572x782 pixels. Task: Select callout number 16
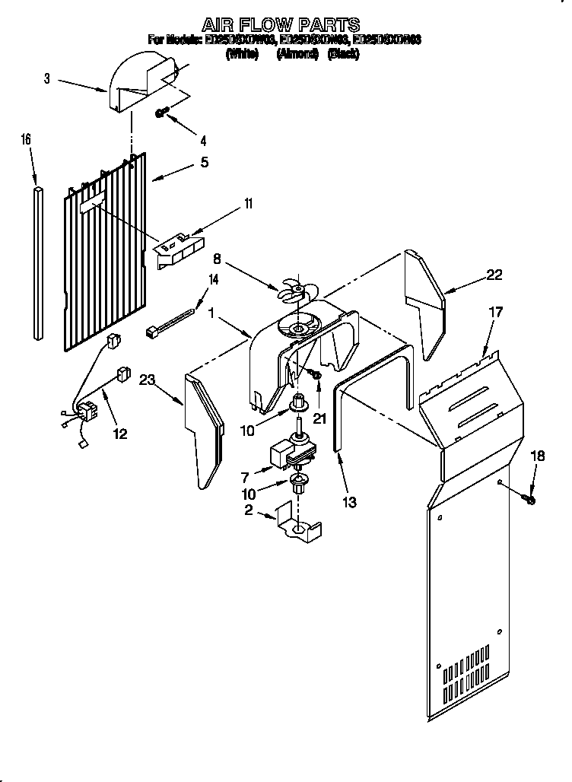tap(26, 139)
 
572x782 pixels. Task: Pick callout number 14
tap(213, 279)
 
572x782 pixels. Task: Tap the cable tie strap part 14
tap(171, 320)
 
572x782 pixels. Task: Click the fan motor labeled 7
tap(289, 454)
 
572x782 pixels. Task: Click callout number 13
tap(349, 501)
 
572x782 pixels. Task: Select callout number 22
tap(494, 275)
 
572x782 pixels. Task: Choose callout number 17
tap(495, 313)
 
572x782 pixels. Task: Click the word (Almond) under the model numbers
tap(297, 55)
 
